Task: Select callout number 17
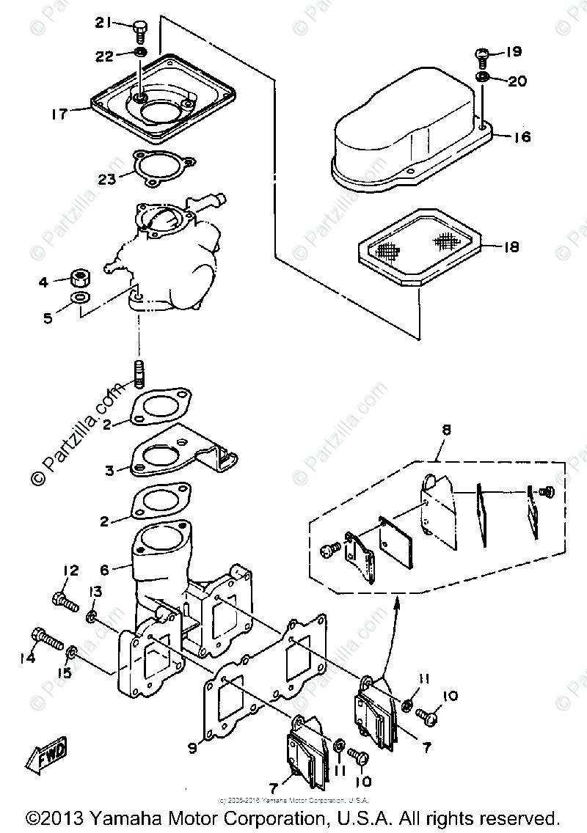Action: [59, 114]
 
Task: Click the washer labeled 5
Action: [79, 298]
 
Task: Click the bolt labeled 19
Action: [484, 54]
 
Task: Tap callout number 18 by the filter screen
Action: [511, 247]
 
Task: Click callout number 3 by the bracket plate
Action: [110, 471]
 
